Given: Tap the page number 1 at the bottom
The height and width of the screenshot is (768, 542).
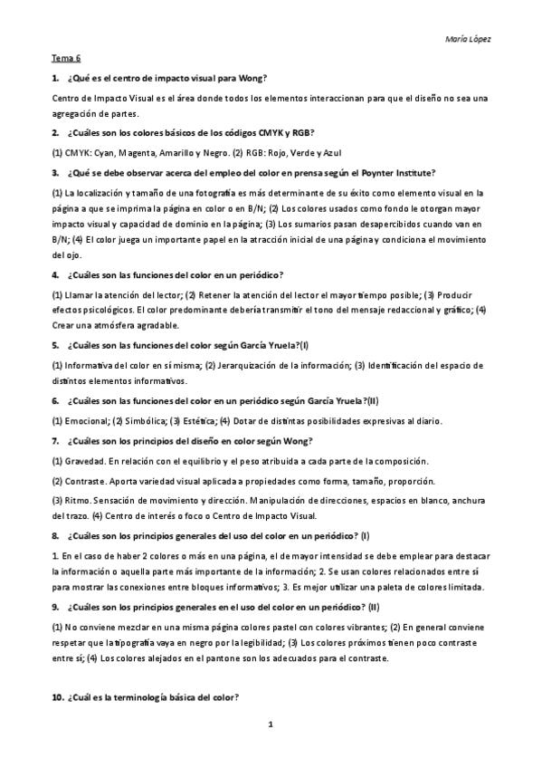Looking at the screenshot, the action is pyautogui.click(x=271, y=725).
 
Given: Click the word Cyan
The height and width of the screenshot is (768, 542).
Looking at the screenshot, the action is pyautogui.click(x=102, y=152).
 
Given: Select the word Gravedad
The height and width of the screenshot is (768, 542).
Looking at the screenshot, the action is pyautogui.click(x=84, y=462).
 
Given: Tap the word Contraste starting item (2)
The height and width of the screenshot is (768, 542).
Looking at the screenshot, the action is pyautogui.click(x=85, y=481).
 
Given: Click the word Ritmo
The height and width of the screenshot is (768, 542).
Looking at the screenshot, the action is pyautogui.click(x=79, y=500).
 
